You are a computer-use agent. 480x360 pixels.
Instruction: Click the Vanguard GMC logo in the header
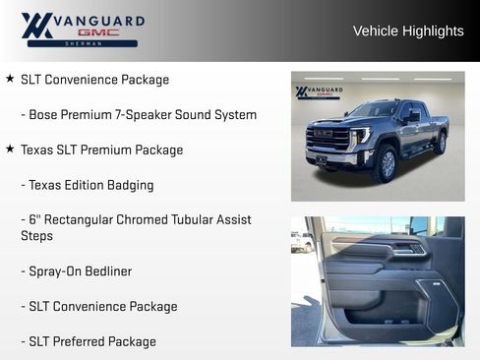click(x=83, y=30)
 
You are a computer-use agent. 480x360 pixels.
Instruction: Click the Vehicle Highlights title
click(x=408, y=31)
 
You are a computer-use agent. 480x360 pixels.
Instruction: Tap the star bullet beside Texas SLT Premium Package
click(x=10, y=150)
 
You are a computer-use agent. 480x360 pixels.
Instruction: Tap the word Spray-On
click(x=53, y=271)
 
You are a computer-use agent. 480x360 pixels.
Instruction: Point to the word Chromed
click(x=120, y=219)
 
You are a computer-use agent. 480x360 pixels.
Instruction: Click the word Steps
click(x=38, y=236)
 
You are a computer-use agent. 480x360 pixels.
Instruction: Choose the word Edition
click(x=83, y=185)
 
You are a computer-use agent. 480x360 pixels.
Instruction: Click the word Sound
click(x=191, y=115)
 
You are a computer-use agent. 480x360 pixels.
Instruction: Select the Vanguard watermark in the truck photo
click(x=319, y=92)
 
